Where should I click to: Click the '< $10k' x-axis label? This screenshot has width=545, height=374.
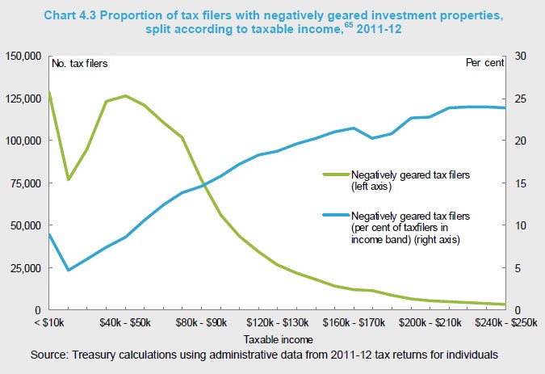[50, 322]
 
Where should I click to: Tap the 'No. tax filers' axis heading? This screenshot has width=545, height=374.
[78, 62]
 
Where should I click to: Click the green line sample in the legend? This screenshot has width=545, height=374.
[334, 174]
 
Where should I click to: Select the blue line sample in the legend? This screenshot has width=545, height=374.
[334, 216]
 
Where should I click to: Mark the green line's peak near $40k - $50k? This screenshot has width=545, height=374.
[125, 96]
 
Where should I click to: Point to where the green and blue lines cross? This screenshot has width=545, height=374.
[203, 186]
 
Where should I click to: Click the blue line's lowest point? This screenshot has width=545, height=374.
[69, 270]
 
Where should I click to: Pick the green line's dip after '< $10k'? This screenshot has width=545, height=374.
[69, 179]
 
